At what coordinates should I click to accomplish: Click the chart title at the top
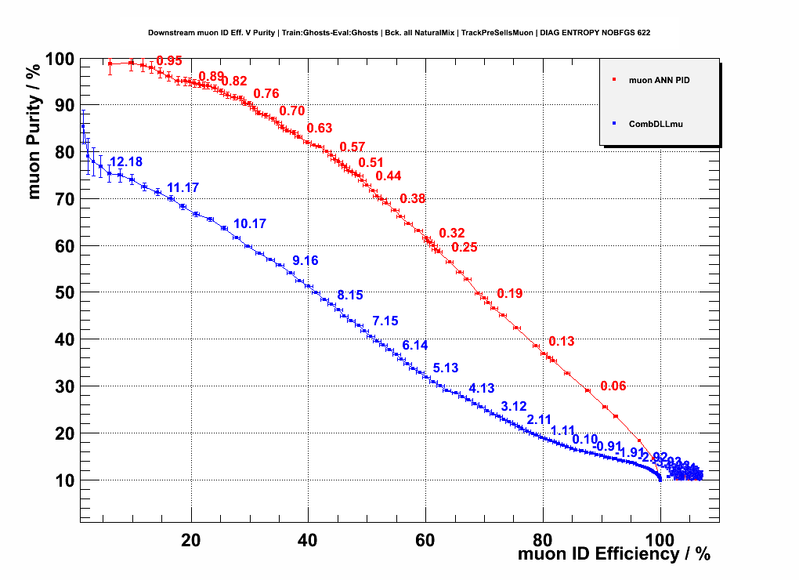pyautogui.click(x=399, y=33)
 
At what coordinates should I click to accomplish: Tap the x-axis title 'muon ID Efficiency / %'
pyautogui.click(x=614, y=554)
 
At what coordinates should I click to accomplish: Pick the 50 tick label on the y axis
pyautogui.click(x=63, y=293)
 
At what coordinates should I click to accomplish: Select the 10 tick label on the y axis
pyautogui.click(x=63, y=480)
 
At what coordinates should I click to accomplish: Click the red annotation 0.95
pyautogui.click(x=169, y=61)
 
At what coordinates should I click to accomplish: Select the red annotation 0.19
pyautogui.click(x=509, y=294)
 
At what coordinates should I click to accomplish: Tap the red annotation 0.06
pyautogui.click(x=613, y=386)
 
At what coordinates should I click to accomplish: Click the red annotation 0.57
pyautogui.click(x=352, y=147)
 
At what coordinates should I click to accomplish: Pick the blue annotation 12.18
pyautogui.click(x=126, y=162)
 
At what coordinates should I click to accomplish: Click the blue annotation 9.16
pyautogui.click(x=305, y=260)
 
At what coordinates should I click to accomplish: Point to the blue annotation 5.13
pyautogui.click(x=445, y=368)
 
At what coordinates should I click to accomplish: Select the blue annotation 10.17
pyautogui.click(x=250, y=224)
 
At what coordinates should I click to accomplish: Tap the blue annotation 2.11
pyautogui.click(x=540, y=419)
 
